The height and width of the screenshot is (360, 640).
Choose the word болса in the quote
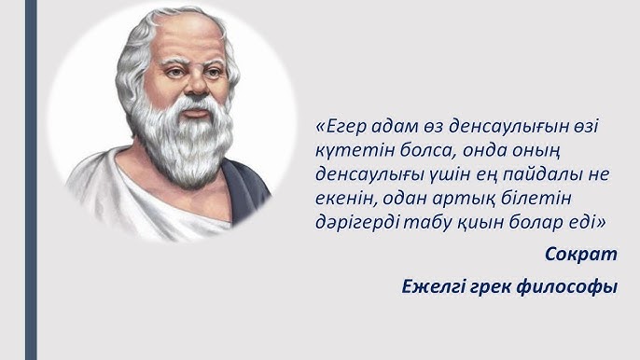[x=436, y=150]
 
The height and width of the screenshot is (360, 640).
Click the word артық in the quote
[x=471, y=199]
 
